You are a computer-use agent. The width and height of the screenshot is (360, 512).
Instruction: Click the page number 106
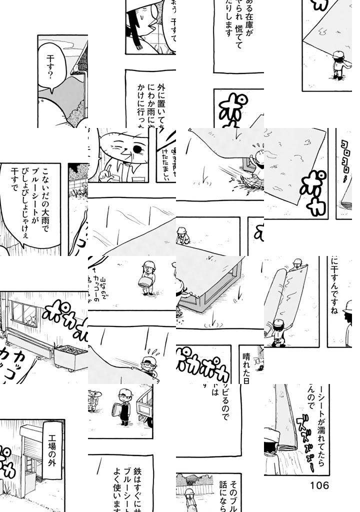click(x=319, y=485)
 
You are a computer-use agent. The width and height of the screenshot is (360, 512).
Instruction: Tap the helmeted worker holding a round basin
click(x=148, y=277)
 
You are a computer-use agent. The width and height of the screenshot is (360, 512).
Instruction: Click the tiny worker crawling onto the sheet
click(x=182, y=235)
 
